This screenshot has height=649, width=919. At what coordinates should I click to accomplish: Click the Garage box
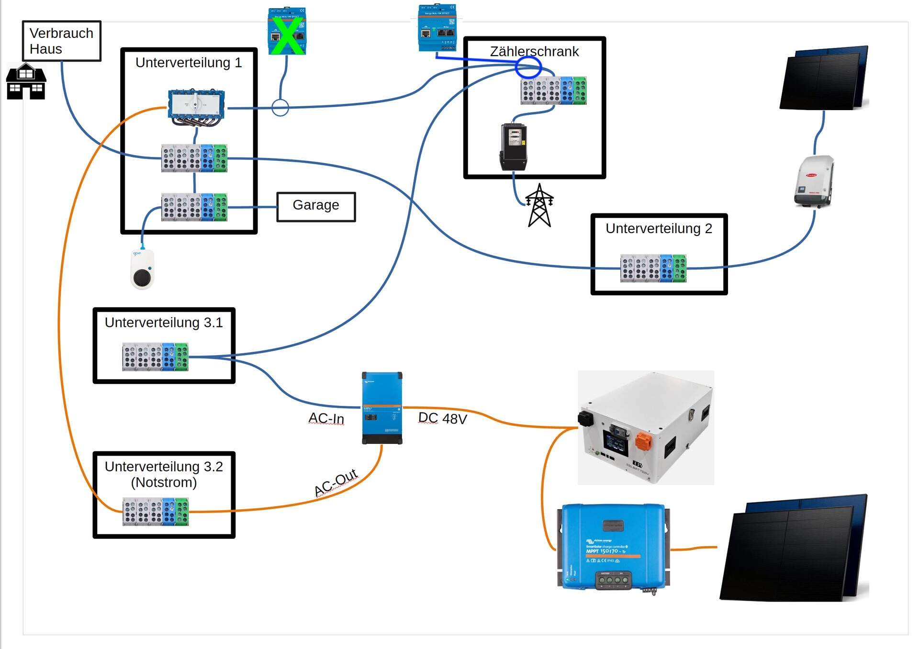click(x=316, y=206)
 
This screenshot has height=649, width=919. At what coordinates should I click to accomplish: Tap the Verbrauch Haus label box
click(x=62, y=41)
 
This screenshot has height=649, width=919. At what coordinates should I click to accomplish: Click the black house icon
click(x=26, y=82)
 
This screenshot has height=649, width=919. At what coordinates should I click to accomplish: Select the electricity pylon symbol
click(x=539, y=205)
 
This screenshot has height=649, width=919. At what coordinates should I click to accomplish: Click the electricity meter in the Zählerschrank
click(x=514, y=146)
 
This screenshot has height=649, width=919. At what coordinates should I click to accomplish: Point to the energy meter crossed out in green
click(x=287, y=32)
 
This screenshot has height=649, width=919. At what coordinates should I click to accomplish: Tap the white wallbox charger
click(x=142, y=269)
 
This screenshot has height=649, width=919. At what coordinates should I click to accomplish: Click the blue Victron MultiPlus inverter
click(x=382, y=408)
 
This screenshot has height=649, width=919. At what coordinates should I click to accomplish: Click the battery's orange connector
click(x=643, y=441)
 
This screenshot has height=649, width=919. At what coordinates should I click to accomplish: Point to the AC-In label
click(x=326, y=418)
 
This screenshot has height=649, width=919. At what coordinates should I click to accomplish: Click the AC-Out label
click(x=336, y=482)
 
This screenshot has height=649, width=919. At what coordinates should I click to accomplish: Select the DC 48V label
click(x=442, y=418)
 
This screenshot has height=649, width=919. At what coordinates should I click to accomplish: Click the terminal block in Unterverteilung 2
click(x=653, y=268)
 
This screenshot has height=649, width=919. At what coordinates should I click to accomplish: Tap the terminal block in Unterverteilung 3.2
click(x=156, y=512)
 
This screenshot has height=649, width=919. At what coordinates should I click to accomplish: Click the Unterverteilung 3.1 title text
click(x=164, y=323)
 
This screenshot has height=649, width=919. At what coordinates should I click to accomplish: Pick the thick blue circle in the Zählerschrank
click(x=528, y=67)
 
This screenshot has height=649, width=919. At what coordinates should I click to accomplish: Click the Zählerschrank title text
click(x=534, y=51)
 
